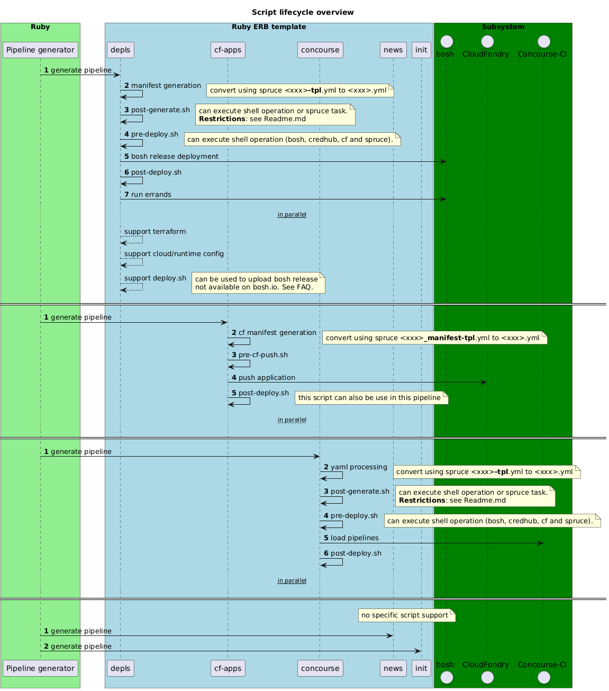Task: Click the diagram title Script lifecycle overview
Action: click(x=303, y=12)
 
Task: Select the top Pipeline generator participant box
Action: click(x=40, y=50)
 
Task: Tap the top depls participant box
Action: click(x=120, y=50)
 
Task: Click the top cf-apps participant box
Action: click(x=228, y=50)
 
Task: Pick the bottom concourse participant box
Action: click(x=320, y=668)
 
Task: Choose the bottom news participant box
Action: click(x=393, y=668)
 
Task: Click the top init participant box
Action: click(x=421, y=50)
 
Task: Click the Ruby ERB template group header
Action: click(x=269, y=27)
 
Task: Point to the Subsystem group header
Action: click(x=503, y=27)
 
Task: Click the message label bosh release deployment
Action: click(x=175, y=157)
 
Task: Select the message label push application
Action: click(x=267, y=377)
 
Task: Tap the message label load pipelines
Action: click(x=355, y=538)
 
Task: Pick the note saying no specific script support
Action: click(x=405, y=615)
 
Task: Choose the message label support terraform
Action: click(x=155, y=232)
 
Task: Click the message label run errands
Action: click(x=151, y=194)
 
